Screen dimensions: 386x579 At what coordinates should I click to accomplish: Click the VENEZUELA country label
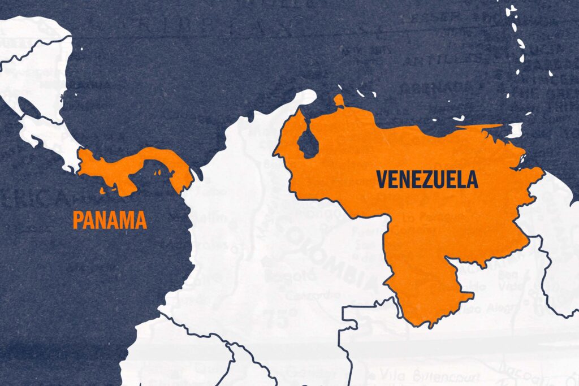coord(427,179)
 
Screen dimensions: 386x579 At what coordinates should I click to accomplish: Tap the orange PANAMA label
coord(110,220)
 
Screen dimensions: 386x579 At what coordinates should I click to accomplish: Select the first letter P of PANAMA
coord(77,220)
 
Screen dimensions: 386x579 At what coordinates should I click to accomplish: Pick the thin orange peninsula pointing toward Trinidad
coord(481,127)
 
